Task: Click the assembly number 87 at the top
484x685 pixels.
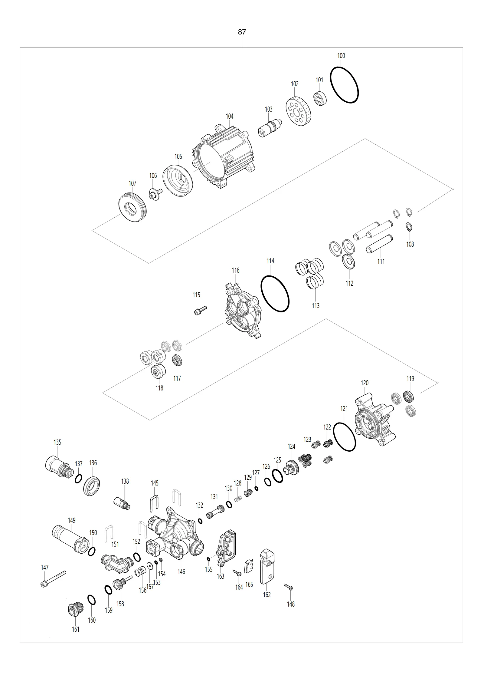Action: pyautogui.click(x=242, y=32)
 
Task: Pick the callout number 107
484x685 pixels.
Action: pyautogui.click(x=132, y=183)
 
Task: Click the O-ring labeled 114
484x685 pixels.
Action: pyautogui.click(x=261, y=294)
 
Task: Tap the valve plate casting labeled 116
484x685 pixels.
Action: pyautogui.click(x=243, y=310)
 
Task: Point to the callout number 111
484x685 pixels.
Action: pyautogui.click(x=381, y=261)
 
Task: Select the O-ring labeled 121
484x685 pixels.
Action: pyautogui.click(x=333, y=437)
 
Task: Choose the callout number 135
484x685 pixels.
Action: pyautogui.click(x=57, y=442)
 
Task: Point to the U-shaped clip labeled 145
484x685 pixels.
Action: pyautogui.click(x=154, y=504)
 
